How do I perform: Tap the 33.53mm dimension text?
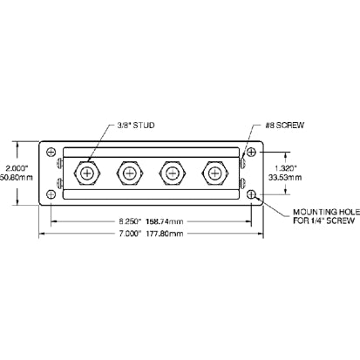286,178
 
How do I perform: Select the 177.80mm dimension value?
164,235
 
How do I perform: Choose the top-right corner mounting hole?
251,153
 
